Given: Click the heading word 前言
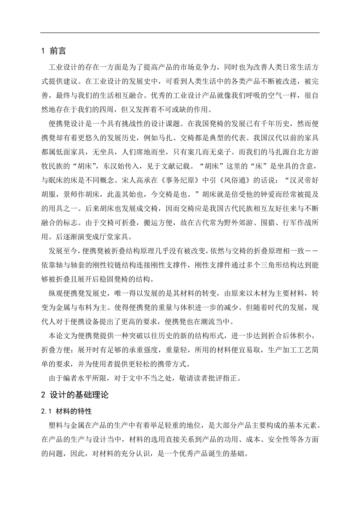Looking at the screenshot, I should point(58,51).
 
